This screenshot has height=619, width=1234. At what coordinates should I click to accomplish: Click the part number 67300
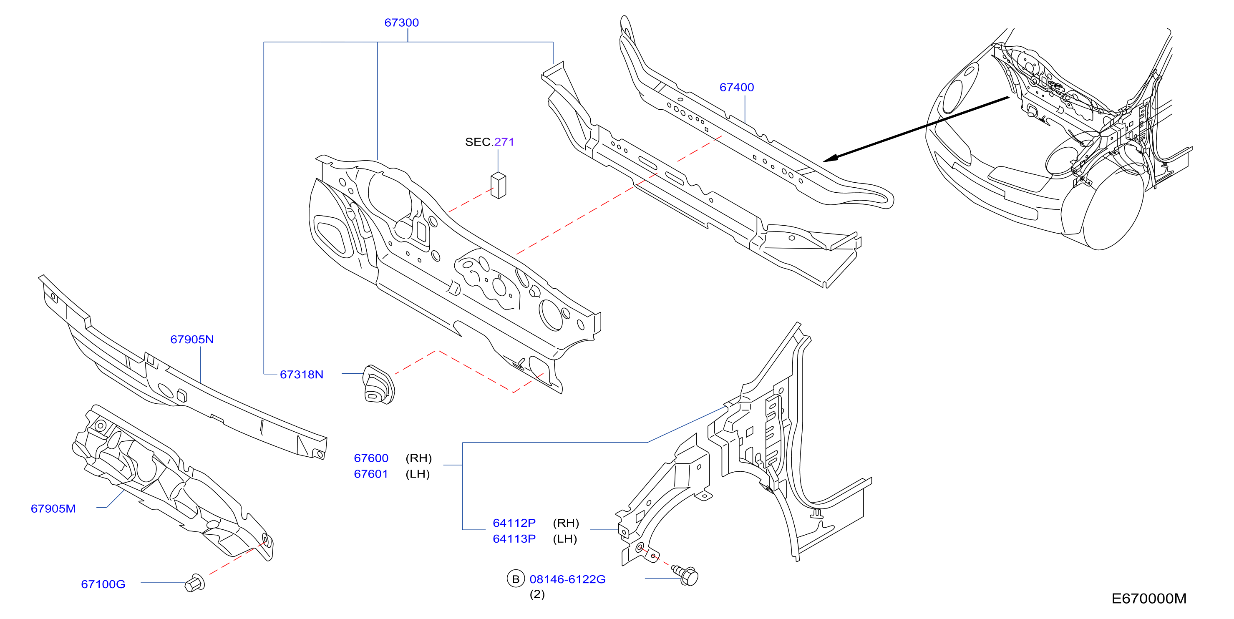click(x=401, y=23)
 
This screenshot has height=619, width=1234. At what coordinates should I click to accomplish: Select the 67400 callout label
click(x=737, y=87)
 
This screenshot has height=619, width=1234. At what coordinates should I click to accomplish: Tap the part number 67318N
click(x=301, y=374)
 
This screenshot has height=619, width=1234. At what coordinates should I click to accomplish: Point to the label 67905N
click(x=192, y=339)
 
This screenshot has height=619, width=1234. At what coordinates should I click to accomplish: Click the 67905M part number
click(x=53, y=508)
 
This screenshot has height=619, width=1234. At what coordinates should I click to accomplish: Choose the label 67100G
click(x=103, y=584)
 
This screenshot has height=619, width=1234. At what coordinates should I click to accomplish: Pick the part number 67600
click(x=371, y=458)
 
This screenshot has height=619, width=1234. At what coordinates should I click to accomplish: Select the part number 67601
click(x=371, y=474)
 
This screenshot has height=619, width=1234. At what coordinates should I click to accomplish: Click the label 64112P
click(x=514, y=523)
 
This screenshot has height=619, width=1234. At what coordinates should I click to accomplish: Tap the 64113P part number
click(x=514, y=538)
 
